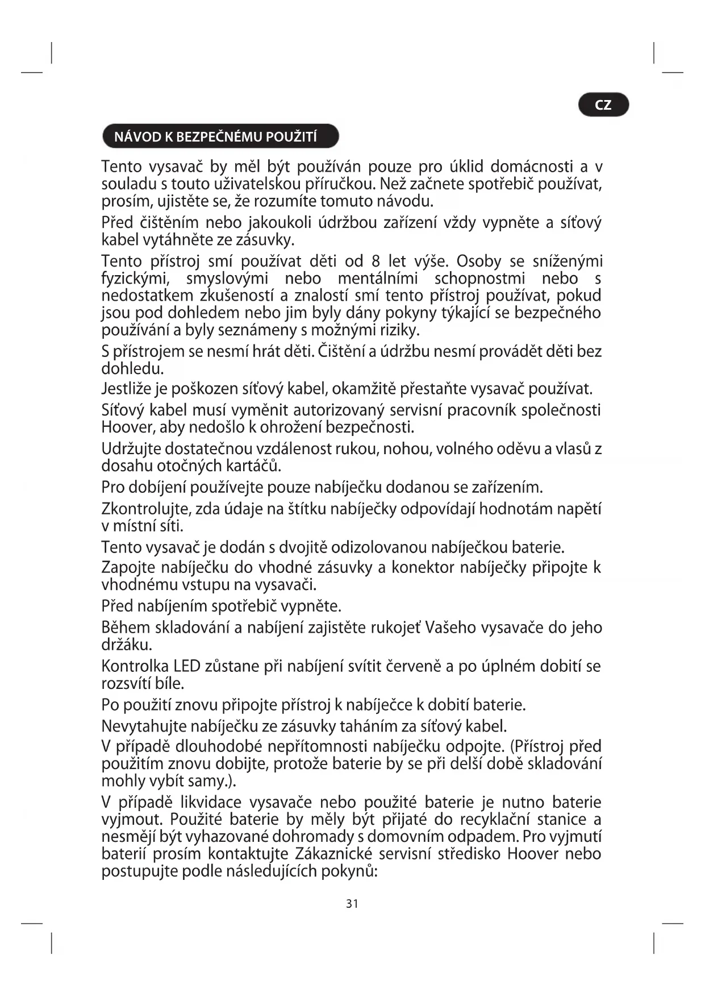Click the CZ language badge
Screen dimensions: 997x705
click(603, 105)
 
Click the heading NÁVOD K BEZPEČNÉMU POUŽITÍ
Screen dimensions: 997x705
click(216, 137)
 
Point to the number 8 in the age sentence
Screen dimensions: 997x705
click(376, 261)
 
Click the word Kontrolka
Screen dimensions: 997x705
click(135, 666)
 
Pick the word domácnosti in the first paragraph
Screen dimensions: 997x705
click(531, 167)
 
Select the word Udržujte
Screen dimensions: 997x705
click(131, 449)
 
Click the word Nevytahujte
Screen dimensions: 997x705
click(144, 726)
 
